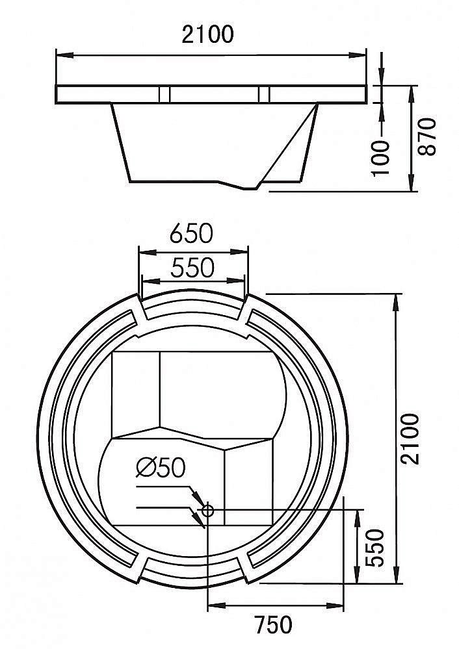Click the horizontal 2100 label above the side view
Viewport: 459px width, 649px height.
click(x=207, y=34)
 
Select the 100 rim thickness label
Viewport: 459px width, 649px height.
click(x=381, y=158)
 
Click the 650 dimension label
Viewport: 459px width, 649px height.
click(x=191, y=233)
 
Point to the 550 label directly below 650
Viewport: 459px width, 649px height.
click(x=192, y=268)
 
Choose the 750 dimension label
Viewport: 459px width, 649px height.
click(x=273, y=625)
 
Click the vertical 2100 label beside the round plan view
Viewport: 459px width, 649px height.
click(x=411, y=439)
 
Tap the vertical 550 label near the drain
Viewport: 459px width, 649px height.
click(x=376, y=548)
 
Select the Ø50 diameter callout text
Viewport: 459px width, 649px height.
click(x=161, y=468)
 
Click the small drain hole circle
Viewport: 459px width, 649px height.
click(x=207, y=511)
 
